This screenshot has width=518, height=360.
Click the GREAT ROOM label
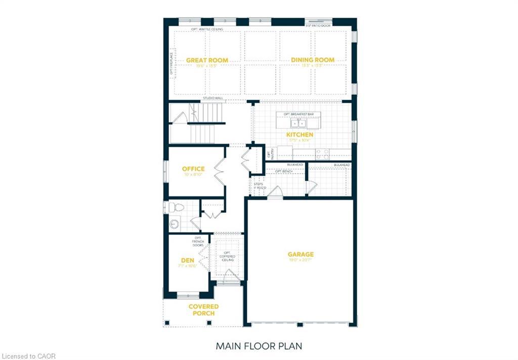click(207, 60)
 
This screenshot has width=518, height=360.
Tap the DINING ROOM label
click(313, 60)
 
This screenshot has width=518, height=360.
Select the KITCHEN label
click(299, 135)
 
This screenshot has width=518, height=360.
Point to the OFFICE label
click(193, 169)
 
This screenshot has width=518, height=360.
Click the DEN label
click(188, 261)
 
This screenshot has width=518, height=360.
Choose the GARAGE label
click(301, 255)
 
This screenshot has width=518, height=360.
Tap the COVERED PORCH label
click(203, 310)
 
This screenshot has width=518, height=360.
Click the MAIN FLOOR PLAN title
click(258, 346)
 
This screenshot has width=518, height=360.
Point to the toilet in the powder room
click(176, 207)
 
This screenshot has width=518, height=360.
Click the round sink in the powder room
click(174, 224)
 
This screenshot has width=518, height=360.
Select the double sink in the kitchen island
click(298, 123)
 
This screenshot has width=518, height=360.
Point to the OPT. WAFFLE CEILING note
click(207, 29)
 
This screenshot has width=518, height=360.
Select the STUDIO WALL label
click(212, 99)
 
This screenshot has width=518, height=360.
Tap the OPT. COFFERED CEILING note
click(227, 256)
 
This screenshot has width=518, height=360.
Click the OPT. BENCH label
click(283, 171)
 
